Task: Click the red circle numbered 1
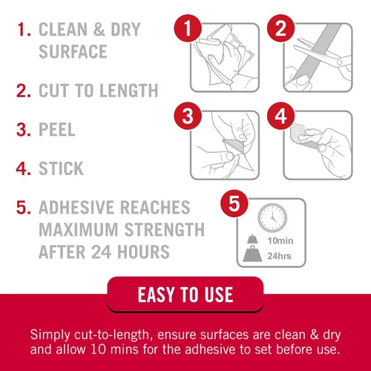188,28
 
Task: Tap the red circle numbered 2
280,28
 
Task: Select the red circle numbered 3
188,116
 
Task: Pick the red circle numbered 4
280,116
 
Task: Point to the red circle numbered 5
234,203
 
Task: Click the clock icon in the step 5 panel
272,217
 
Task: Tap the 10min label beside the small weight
280,240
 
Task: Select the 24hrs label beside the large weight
279,256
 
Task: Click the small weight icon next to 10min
252,239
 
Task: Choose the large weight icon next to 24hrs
252,254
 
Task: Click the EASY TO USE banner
185,295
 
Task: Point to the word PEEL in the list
57,129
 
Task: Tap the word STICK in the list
61,168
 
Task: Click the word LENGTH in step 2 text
129,91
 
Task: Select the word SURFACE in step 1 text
73,51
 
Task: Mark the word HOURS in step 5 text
143,252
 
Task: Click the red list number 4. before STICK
24,168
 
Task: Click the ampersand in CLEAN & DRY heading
99,29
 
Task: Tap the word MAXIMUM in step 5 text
79,229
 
